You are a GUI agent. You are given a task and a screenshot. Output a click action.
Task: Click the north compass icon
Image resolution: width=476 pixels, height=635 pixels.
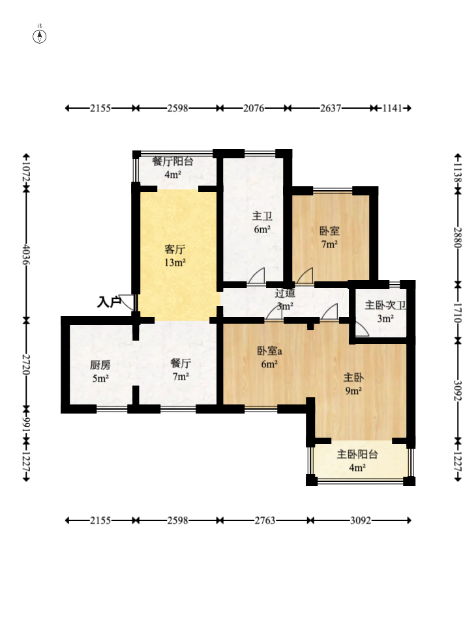click(39, 36)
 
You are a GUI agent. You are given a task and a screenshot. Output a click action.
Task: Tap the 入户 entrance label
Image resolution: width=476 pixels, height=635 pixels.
click(109, 302)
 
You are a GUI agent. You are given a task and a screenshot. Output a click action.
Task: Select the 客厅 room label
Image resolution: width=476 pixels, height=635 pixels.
click(175, 249)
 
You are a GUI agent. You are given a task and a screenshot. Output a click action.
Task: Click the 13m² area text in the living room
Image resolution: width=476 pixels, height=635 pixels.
click(175, 262)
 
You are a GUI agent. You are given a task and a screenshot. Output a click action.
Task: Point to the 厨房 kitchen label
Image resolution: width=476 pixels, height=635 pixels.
click(100, 365)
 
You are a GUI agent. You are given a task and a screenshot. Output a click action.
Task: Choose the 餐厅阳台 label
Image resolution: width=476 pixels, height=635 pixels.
click(173, 161)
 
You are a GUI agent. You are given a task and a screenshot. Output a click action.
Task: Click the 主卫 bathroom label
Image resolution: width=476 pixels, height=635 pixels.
click(262, 216)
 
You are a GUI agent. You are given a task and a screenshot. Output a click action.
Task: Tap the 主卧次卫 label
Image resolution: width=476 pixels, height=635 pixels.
click(385, 305)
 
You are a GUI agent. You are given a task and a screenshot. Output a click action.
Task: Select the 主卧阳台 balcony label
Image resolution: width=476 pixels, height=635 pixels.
click(357, 454)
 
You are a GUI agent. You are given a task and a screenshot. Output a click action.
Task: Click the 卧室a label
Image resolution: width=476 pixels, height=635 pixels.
click(269, 350)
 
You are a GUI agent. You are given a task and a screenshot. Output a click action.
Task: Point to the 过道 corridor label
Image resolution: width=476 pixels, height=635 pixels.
click(285, 293)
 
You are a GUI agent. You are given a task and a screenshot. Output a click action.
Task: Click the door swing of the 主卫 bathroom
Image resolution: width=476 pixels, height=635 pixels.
click(257, 275)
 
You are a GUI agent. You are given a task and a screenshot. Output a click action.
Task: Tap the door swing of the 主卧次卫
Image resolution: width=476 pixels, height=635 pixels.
click(362, 329)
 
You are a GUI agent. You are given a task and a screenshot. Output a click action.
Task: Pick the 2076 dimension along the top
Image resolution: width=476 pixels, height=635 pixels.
click(254, 108)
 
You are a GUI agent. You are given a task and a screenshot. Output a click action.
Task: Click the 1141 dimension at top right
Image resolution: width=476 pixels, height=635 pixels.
click(392, 108)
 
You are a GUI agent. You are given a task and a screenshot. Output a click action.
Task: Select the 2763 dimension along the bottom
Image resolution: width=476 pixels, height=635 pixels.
click(265, 520)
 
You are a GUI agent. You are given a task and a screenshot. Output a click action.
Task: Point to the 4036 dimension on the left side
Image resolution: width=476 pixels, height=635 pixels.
click(26, 254)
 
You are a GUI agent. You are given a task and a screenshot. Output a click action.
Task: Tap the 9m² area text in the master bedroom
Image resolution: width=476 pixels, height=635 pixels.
click(353, 391)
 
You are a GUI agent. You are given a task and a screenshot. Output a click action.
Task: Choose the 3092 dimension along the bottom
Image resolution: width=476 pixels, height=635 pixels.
click(361, 520)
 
